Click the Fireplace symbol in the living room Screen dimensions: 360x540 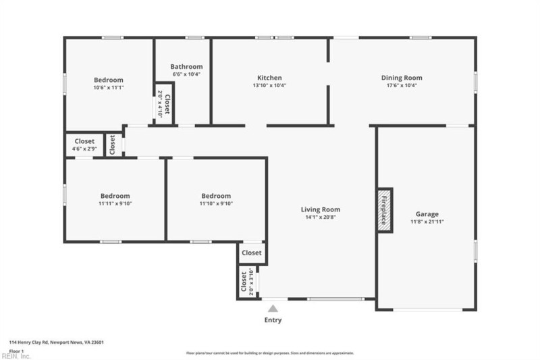[385, 210]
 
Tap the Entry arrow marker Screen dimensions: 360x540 [273, 308]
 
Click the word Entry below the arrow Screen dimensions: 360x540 [273, 320]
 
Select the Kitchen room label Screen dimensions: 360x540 [269, 78]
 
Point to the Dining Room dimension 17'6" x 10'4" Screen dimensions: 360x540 [402, 86]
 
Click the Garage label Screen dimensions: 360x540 [427, 213]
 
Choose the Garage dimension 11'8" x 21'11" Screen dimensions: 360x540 [427, 222]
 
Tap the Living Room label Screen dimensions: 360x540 [320, 209]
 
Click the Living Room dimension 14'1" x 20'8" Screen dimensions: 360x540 [320, 217]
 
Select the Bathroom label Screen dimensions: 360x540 [186, 67]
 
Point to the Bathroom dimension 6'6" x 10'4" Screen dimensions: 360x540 [186, 74]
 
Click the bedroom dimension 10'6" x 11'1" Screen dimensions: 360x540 [108, 87]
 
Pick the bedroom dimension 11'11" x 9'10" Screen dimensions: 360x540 [114, 203]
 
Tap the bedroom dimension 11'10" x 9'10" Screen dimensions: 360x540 [216, 203]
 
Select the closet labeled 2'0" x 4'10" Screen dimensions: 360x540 [160, 104]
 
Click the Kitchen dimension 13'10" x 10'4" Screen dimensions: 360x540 [269, 86]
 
